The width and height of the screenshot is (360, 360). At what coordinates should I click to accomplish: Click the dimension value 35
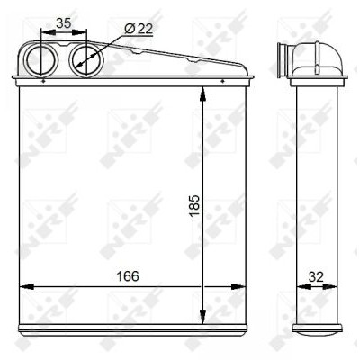point(64,23)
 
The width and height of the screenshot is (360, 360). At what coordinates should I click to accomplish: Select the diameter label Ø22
point(139,29)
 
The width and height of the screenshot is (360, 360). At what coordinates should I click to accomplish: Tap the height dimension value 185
point(194,206)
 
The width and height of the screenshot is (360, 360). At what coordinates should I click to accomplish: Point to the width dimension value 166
point(128,276)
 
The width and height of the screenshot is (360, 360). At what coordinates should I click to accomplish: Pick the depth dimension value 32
point(316,276)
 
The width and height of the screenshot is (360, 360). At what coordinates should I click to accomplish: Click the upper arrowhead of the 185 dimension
point(202,94)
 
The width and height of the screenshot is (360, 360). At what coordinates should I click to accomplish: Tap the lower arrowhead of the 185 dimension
point(202,317)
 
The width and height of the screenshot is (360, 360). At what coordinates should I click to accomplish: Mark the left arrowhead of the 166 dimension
point(26,286)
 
